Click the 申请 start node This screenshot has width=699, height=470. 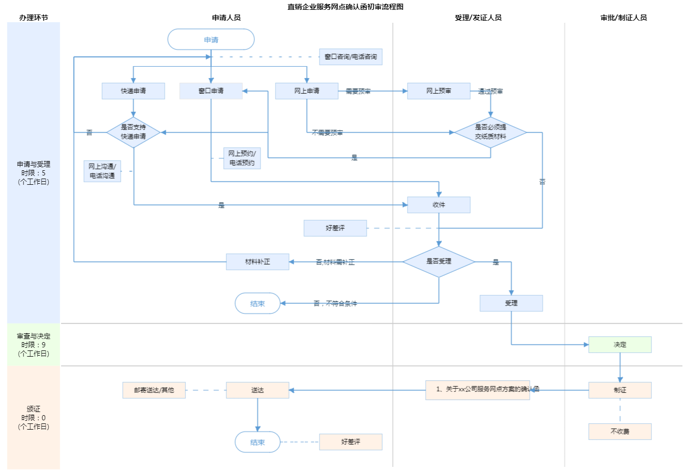coord(211,39)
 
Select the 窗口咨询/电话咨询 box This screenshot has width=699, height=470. coord(351,57)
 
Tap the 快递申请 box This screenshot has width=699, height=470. coord(133,91)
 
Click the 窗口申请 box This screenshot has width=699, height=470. coord(211,91)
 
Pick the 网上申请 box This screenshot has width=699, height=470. coord(307,91)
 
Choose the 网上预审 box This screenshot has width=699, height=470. coord(439,91)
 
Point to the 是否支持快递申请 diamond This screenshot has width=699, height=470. coord(133,132)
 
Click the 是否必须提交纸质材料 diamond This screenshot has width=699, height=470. coord(490,132)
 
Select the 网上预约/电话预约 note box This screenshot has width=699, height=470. coord(242,158)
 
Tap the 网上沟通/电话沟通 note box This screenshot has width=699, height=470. coord(102,171)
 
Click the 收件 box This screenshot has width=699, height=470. coord(439,205)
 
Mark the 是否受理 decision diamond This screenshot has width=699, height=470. coord(439,261)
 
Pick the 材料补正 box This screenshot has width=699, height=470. coord(257,262)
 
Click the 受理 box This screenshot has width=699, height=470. coord(511,303)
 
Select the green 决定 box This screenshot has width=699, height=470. coord(620,345)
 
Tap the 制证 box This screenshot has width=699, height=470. coord(620,390)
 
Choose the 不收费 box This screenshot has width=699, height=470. coord(620,432)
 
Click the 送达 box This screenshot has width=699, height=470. coord(257,390)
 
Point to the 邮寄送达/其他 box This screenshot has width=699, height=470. coord(154,390)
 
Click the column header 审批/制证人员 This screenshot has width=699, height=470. coord(623,18)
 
